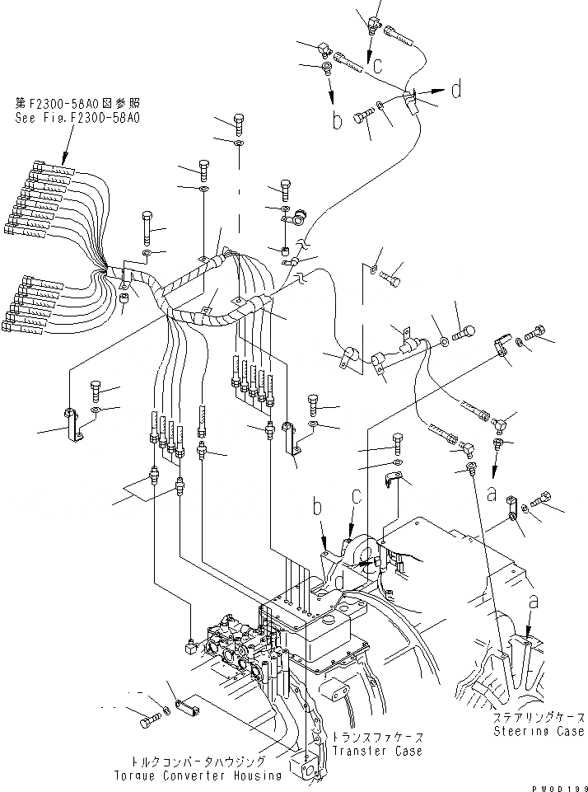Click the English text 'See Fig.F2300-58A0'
[77, 118]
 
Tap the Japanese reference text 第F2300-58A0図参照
[77, 105]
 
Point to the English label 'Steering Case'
[539, 730]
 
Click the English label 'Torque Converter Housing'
[198, 776]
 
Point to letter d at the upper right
[455, 89]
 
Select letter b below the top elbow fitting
[336, 120]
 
